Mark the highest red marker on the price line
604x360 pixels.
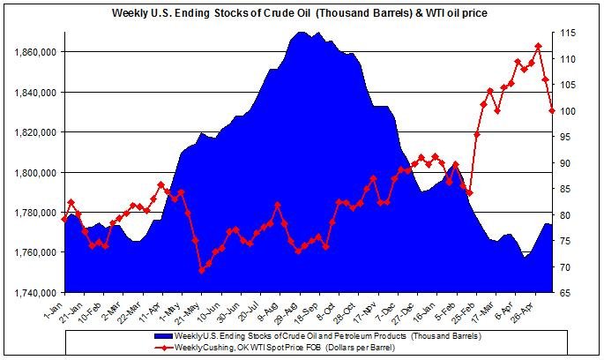click(x=538, y=46)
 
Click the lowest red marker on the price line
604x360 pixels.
click(x=201, y=270)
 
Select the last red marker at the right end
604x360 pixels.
click(x=552, y=110)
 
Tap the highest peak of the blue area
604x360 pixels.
click(x=301, y=32)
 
